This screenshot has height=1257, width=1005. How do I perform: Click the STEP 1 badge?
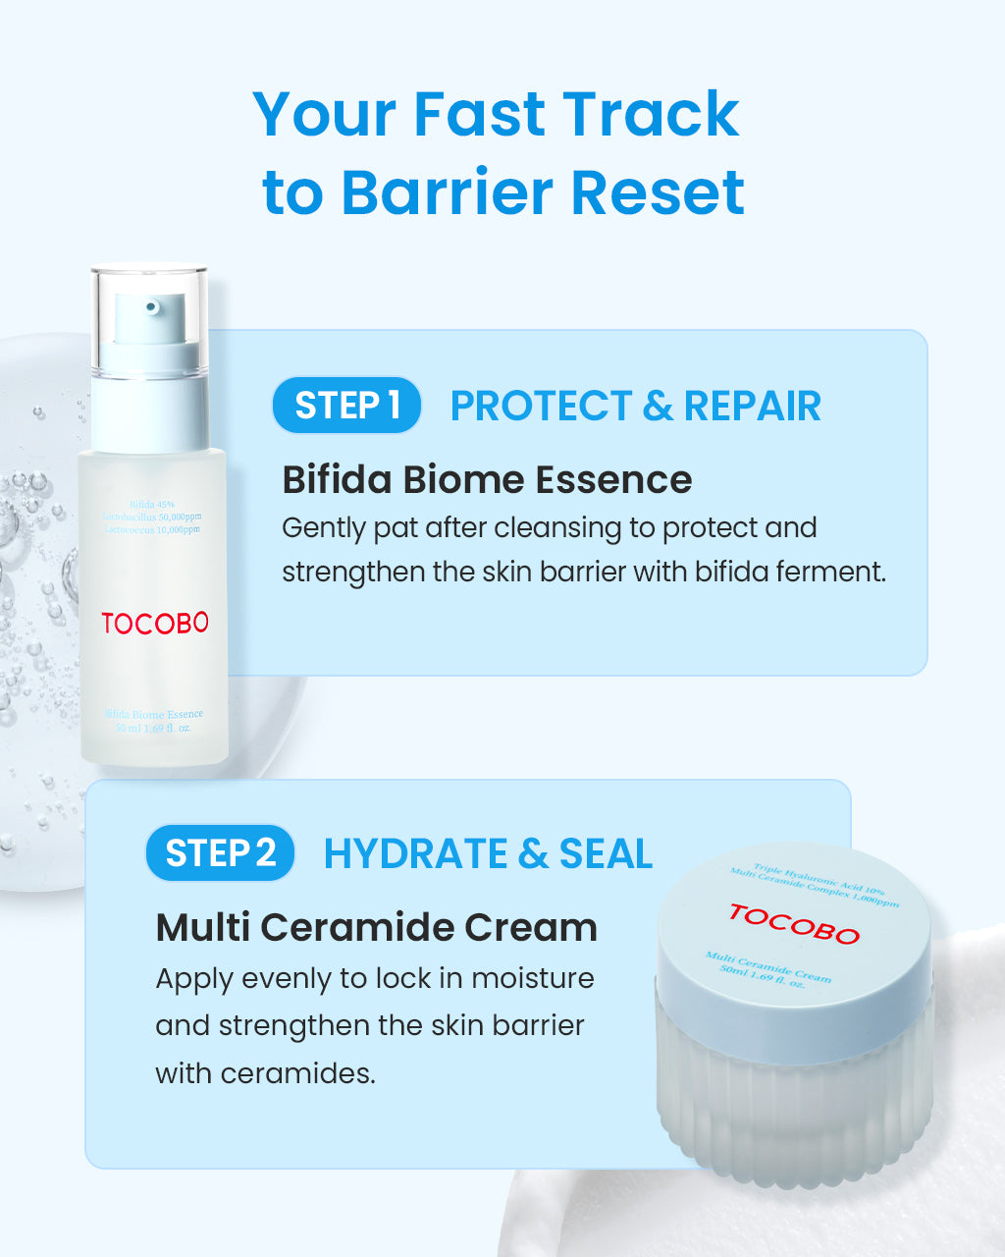click(x=346, y=405)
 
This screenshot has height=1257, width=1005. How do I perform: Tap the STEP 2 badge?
click(x=220, y=852)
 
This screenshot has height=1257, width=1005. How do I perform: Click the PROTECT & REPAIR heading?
click(x=635, y=406)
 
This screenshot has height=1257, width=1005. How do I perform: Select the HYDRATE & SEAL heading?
click(x=488, y=853)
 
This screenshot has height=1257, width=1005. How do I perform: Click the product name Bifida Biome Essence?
click(x=487, y=479)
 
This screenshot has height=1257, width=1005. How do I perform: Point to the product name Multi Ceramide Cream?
click(x=376, y=927)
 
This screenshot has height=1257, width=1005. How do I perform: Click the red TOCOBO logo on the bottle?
click(x=155, y=623)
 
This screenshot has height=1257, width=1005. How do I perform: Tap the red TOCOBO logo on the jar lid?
click(x=794, y=924)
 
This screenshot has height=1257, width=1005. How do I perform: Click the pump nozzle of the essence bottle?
click(x=151, y=308)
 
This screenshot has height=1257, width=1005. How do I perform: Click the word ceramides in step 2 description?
click(x=297, y=1072)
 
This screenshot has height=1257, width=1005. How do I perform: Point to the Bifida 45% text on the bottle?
click(x=151, y=505)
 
